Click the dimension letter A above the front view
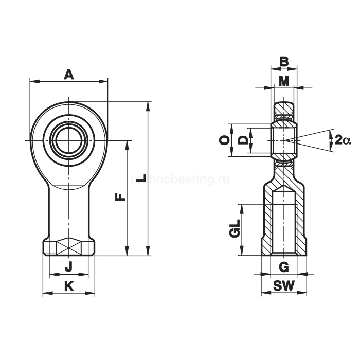tap(69, 75)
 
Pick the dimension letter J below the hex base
tap(68, 267)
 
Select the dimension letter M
tap(284, 81)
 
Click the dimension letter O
tap(224, 139)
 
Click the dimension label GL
tap(235, 229)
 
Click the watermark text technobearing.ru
tap(180, 179)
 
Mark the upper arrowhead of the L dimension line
tap(149, 104)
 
